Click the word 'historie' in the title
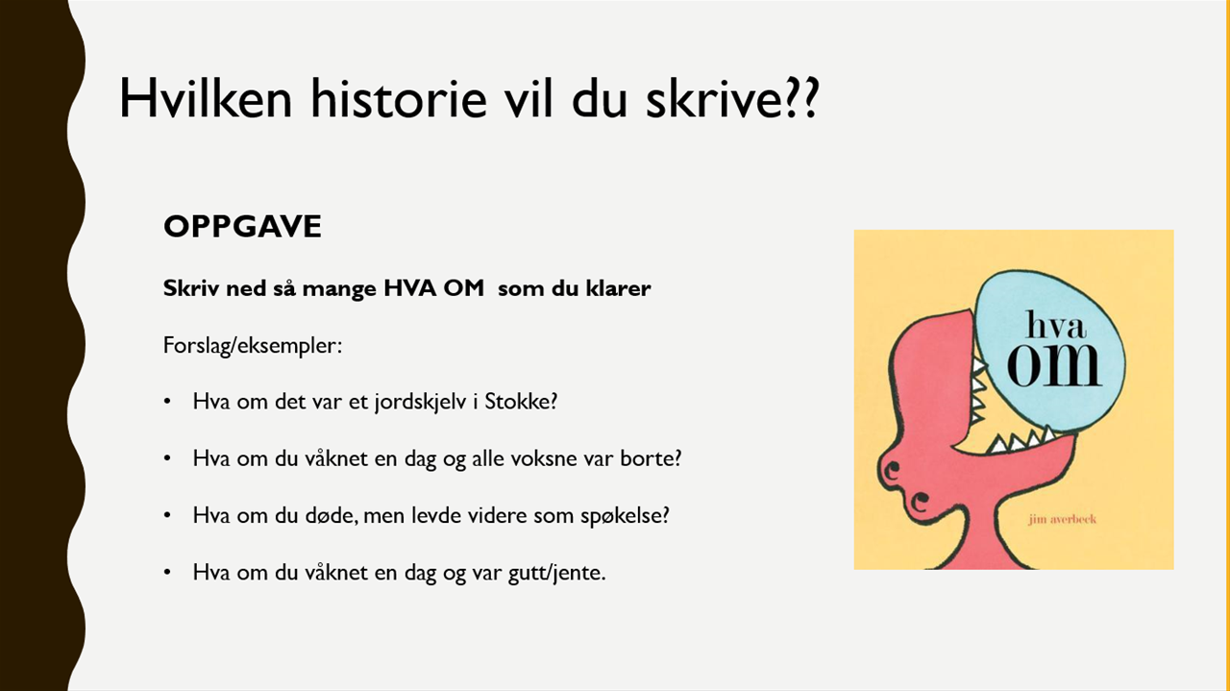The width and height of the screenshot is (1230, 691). coord(399,98)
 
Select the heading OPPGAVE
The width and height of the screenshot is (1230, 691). coord(242,226)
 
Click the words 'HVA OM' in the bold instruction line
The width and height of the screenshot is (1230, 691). coord(433,287)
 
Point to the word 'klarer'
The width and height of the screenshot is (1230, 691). coord(618,287)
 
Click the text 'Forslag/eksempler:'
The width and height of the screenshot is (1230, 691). coord(253,346)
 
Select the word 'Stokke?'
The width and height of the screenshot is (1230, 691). coord(521,402)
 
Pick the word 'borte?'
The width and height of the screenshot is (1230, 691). coord(651,458)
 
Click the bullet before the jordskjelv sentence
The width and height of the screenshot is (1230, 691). coord(167,402)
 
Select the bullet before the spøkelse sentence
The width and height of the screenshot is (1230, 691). coord(167,515)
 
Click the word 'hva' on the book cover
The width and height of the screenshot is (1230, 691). coord(1056,325)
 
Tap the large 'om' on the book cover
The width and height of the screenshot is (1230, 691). coord(1054,365)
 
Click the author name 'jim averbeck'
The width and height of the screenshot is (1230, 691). coord(1063,519)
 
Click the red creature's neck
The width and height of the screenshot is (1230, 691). coord(983,541)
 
